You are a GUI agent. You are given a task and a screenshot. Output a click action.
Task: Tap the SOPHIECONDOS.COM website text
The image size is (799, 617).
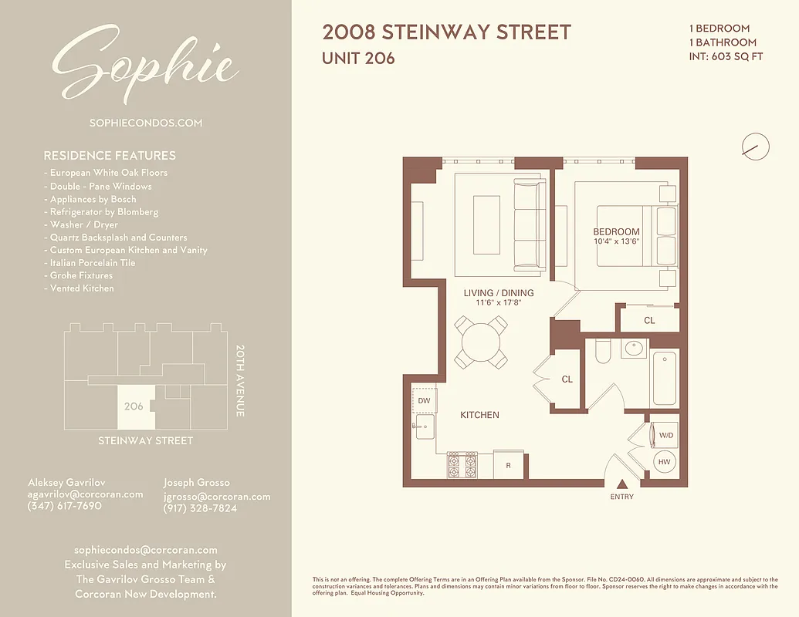click(x=146, y=123)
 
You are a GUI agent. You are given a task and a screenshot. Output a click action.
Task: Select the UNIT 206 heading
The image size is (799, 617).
click(x=358, y=58)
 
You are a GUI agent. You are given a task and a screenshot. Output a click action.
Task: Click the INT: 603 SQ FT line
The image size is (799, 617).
click(x=726, y=56)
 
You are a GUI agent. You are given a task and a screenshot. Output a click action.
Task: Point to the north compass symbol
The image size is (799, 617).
click(x=755, y=146)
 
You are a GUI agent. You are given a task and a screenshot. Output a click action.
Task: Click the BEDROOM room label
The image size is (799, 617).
click(x=616, y=231)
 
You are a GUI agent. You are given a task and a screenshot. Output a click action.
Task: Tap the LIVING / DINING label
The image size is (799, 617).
click(x=498, y=293)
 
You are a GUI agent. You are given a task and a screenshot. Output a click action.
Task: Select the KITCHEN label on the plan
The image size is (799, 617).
click(x=479, y=415)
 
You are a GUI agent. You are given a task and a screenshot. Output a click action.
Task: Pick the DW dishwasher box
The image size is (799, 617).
click(x=424, y=400)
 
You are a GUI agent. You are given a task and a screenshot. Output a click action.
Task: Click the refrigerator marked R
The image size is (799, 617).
click(x=508, y=465)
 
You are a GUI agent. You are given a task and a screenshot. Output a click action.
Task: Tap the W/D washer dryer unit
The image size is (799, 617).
click(x=665, y=435)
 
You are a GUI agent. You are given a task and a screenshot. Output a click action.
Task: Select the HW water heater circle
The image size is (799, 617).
click(x=665, y=462)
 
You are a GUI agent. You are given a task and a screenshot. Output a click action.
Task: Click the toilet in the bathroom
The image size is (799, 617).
click(x=604, y=352)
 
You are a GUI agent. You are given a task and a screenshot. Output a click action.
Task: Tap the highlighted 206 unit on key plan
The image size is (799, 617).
click(x=135, y=406)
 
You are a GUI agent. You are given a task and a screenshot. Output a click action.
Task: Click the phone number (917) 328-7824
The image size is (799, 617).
click(x=200, y=509)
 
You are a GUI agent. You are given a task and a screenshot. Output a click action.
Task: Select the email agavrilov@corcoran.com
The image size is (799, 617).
click(x=85, y=494)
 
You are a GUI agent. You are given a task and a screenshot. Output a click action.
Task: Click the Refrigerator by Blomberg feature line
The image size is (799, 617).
click(x=104, y=211)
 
